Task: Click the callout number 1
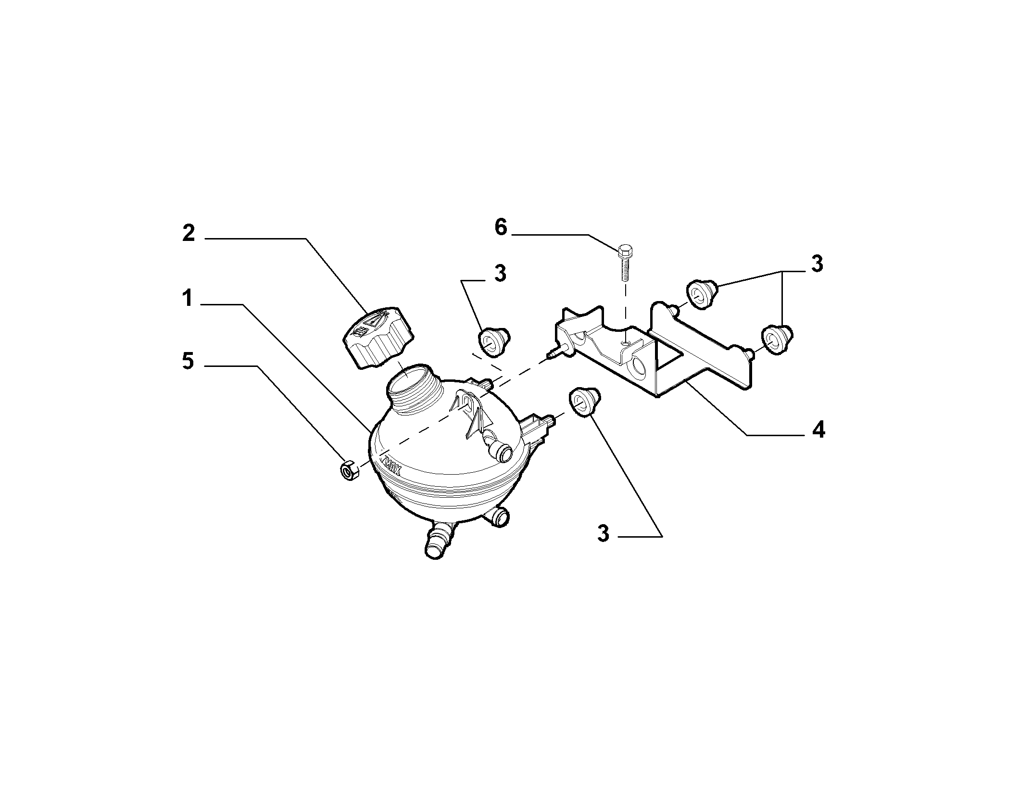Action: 188,299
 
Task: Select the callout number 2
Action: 188,233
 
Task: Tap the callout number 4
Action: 818,429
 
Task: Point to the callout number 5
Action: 188,361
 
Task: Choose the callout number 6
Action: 501,227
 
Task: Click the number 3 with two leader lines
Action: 817,264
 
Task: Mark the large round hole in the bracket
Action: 640,367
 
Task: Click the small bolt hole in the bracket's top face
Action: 624,342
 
